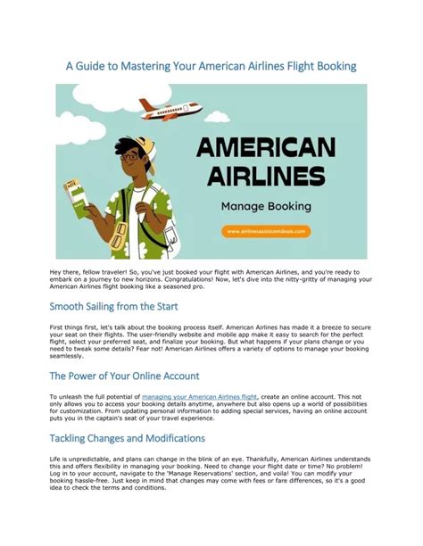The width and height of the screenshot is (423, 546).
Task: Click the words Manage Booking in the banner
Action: [x=267, y=205]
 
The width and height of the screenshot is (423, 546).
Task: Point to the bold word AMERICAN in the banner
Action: [x=267, y=146]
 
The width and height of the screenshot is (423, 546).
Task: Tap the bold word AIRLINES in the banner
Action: [x=267, y=174]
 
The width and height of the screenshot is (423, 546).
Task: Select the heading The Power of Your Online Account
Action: [x=124, y=376]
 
